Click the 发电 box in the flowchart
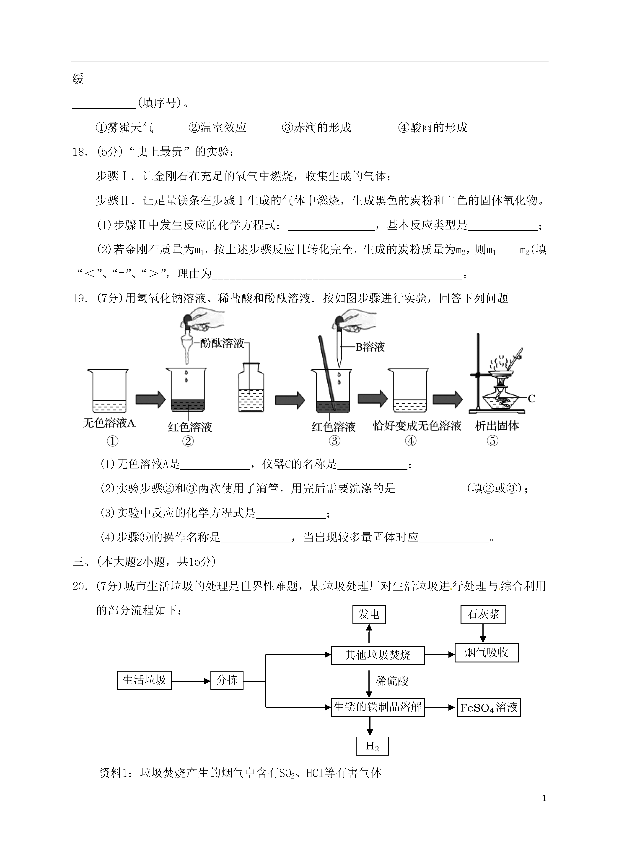(x=369, y=614)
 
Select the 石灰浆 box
(x=483, y=614)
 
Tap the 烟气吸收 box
(x=487, y=653)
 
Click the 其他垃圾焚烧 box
(x=378, y=655)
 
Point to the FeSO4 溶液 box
(x=489, y=707)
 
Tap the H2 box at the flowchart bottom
(x=372, y=746)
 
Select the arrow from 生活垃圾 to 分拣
(x=191, y=681)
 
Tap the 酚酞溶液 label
(x=222, y=344)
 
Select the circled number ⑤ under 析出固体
(x=492, y=441)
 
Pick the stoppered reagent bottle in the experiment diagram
(x=251, y=387)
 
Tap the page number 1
(x=544, y=799)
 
